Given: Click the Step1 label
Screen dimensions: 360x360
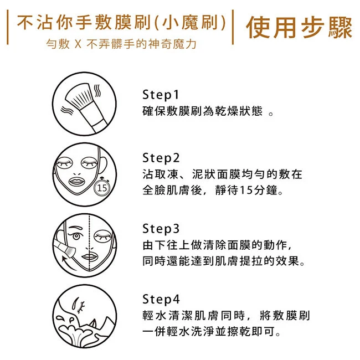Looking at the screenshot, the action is pos(161,94).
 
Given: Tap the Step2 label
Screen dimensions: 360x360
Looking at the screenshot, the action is pos(161,158).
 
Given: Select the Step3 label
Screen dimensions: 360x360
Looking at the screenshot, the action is pos(161,228).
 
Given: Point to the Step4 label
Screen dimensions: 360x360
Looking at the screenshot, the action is pos(161,299).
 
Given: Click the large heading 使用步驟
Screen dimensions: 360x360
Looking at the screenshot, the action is pos(299,28).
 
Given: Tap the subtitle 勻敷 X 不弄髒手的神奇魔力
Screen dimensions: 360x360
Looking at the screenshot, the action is pos(121,44).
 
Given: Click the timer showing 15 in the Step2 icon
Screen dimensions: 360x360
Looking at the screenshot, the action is pos(102,188).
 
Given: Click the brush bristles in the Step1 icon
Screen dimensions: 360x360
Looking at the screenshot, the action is pos(79,95).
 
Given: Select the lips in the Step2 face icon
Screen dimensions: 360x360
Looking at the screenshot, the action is pos(77,181).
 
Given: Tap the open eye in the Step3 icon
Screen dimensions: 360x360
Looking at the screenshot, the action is pos(76,235).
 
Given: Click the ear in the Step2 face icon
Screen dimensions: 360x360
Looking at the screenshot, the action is pos(102,165).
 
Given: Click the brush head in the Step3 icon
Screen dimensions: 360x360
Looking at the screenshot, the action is pos(69,251).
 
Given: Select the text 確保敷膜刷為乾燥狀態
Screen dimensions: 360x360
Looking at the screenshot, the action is pos(202,111).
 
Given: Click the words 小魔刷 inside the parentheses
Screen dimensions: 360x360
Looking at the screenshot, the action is pos(191,23).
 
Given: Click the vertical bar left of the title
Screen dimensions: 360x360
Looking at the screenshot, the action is pos(8,27).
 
